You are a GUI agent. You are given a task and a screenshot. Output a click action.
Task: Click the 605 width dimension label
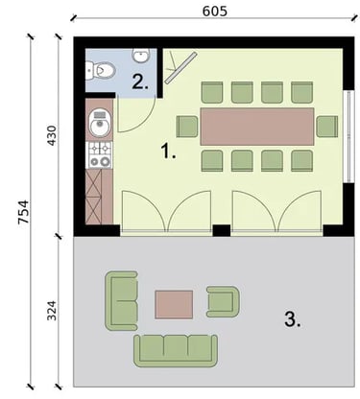coord(215,12)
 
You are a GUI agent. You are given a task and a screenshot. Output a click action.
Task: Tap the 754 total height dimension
coord(23,212)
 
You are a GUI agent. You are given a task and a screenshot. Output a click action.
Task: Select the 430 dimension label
coord(51,136)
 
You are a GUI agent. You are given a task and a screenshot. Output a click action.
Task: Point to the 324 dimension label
coord(51,310)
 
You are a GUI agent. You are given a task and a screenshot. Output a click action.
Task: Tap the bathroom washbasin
coord(140,55)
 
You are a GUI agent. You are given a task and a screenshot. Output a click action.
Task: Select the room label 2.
coord(140,82)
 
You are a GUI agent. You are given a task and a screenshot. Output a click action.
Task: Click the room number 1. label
coord(168,151)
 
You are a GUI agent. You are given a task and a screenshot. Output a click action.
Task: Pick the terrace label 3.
coord(293,319)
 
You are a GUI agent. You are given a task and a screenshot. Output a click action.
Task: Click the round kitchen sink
coord(100,123)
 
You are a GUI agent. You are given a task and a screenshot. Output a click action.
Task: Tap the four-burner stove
coord(100,155)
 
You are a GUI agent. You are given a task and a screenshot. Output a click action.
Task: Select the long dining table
coord(257,127)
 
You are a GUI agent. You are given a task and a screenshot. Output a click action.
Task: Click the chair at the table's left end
coord(187,127)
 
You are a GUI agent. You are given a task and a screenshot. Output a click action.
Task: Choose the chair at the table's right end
coord(327,127)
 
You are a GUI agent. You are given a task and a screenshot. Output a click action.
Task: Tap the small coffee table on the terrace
coord(174,304)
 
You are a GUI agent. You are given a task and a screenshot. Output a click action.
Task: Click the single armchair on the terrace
coord(223,301)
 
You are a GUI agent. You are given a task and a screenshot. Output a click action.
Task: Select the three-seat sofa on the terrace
coord(176,351)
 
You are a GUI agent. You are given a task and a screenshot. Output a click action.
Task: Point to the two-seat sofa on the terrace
coord(122,301)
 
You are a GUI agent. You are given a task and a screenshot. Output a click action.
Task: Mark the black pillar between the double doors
coord(222,230)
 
